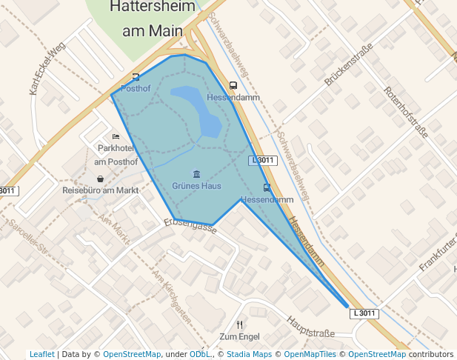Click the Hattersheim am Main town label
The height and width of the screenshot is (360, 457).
coord(153,19)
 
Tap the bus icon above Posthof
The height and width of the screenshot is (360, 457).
coord(136,77)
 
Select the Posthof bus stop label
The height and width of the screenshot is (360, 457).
coord(136,88)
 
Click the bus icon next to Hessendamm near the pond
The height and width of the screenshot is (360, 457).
coord(233,86)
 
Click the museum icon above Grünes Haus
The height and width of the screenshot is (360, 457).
coord(196,174)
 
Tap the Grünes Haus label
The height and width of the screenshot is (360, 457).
coord(196,185)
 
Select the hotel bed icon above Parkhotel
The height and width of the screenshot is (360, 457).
coord(116,137)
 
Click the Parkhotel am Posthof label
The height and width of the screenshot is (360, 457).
coord(117,155)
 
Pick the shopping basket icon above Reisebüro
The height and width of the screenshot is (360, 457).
coord(100,179)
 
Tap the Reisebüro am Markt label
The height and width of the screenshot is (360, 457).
coord(101,190)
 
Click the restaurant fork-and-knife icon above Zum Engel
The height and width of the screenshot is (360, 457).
coord(239,325)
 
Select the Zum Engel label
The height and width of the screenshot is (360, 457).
coord(239,337)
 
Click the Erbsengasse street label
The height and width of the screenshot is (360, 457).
coord(190,225)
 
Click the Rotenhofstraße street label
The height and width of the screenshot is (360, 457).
coord(406,112)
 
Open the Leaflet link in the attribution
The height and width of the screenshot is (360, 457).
coord(41,355)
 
